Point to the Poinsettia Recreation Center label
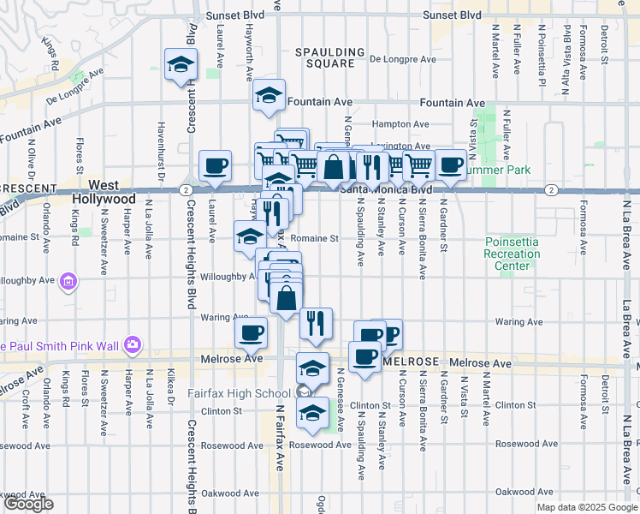click(513, 254)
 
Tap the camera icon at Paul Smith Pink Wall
click(132, 345)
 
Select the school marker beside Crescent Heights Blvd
click(181, 65)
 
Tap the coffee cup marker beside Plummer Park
click(450, 164)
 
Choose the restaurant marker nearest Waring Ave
click(316, 322)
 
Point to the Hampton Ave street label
click(400, 124)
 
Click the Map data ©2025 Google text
click(587, 507)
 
